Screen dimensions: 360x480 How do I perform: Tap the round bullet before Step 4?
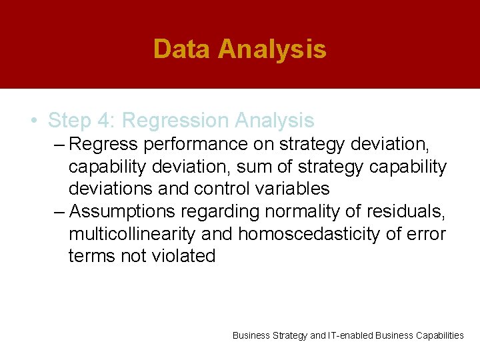pyautogui.click(x=33, y=121)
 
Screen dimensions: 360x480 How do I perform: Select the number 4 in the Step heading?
pyautogui.click(x=107, y=121)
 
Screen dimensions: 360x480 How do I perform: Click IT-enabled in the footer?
pyautogui.click(x=351, y=335)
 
